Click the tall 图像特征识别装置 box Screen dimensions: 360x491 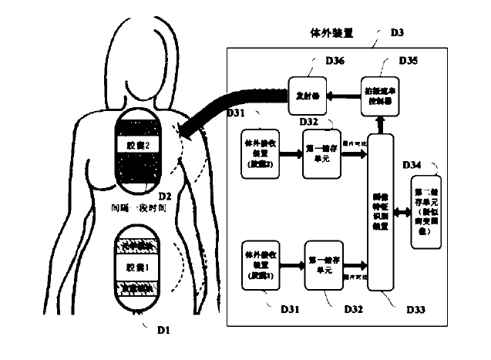coord(382,212)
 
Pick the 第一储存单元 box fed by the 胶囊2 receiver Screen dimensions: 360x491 coord(323,155)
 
